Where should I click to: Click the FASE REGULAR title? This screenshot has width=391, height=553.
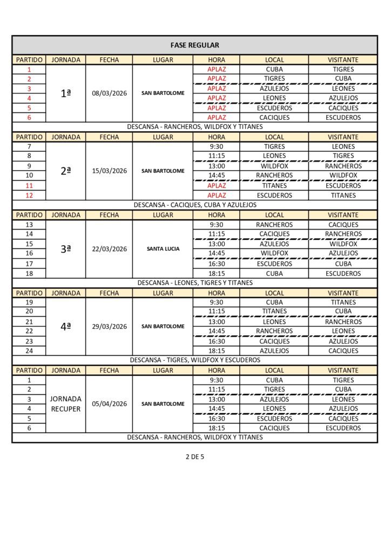tap(194, 45)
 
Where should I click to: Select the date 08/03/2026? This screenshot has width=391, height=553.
tap(109, 93)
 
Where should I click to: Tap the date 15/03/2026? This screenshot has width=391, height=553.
tap(109, 171)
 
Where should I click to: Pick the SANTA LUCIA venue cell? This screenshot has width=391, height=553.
tap(163, 249)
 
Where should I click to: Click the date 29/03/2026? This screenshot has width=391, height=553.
tap(109, 326)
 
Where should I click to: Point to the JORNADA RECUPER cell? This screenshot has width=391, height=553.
tap(65, 404)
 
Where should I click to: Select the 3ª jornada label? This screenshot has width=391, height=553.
tap(65, 249)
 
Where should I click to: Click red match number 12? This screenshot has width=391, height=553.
tap(29, 195)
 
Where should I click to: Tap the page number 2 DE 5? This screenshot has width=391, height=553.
tap(194, 456)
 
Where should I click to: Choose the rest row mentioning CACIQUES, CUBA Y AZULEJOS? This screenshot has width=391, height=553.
tap(194, 205)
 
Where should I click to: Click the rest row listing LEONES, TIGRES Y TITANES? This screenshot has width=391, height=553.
tap(194, 282)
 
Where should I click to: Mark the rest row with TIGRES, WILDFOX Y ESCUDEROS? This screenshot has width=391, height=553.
tap(194, 360)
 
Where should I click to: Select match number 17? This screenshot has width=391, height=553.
tap(29, 264)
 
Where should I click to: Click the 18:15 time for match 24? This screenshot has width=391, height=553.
tap(216, 351)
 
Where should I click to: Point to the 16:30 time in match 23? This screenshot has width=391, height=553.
tap(216, 341)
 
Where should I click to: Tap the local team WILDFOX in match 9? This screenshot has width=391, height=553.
tap(274, 166)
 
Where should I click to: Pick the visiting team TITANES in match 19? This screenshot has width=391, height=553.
tap(343, 302)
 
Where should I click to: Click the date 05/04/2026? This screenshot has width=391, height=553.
tap(109, 404)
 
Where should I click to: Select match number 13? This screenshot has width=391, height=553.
tap(29, 225)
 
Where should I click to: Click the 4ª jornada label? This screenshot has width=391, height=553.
tap(65, 326)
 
